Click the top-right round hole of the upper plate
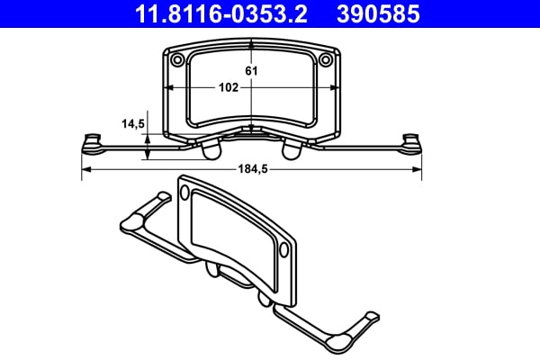pos(327,59)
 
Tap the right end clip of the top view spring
pos(412,141)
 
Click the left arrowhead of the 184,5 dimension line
pos(85,169)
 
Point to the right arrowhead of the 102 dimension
pos(336,87)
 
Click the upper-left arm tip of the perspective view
pos(162,196)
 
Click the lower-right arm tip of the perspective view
pos(370,319)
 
